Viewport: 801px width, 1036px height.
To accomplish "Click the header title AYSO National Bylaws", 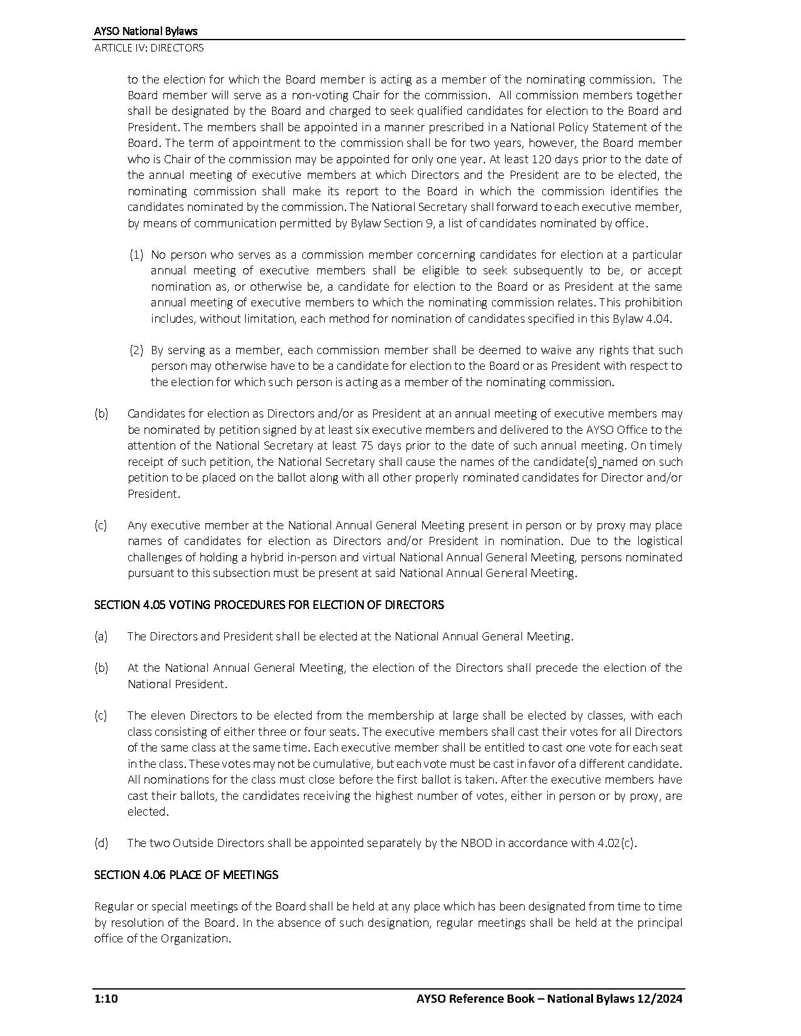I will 146,31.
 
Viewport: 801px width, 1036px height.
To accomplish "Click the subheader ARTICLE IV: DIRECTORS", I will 149,48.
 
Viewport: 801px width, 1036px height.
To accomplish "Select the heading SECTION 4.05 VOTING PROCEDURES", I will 269,605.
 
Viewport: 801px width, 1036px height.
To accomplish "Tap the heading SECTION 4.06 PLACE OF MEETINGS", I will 186,875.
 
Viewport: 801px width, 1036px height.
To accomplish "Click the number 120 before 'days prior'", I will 543,159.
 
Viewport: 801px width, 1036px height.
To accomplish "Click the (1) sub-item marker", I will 137,254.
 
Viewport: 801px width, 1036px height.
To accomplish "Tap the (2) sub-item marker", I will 137,350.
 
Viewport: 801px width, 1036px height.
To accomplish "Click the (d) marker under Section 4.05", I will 101,843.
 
